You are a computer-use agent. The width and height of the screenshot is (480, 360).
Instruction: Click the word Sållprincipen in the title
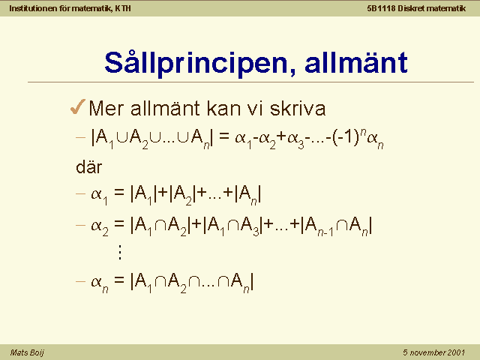tap(196, 63)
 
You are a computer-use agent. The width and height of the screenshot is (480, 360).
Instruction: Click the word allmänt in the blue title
tap(356, 62)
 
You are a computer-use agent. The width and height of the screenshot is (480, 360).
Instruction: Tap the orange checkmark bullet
tap(78, 106)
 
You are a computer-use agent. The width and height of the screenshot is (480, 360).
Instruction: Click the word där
tap(88, 167)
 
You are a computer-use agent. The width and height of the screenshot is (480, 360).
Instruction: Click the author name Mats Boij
tap(27, 352)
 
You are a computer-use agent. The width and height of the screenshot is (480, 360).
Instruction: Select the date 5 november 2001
tap(433, 352)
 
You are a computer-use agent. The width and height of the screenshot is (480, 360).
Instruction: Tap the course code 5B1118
tap(381, 8)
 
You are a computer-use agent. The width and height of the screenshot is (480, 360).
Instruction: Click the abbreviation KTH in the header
tap(123, 8)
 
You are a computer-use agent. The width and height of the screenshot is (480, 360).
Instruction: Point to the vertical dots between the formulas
tap(120, 252)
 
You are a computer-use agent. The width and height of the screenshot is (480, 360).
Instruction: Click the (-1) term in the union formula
tap(345, 137)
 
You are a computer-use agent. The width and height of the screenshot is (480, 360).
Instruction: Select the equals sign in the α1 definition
tap(119, 192)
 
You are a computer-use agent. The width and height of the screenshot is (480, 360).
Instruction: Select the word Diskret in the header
tap(411, 8)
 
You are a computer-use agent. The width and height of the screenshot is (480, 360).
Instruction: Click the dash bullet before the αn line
tap(80, 281)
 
